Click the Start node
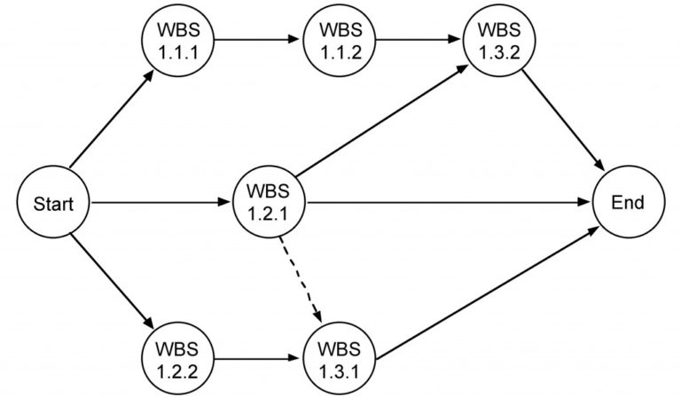click(x=53, y=205)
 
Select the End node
click(x=628, y=204)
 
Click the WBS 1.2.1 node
click(x=268, y=204)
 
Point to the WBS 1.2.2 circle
click(x=176, y=360)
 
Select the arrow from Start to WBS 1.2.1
click(x=160, y=204)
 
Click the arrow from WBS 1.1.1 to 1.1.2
click(x=256, y=40)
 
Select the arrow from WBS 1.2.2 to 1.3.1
click(x=256, y=360)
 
